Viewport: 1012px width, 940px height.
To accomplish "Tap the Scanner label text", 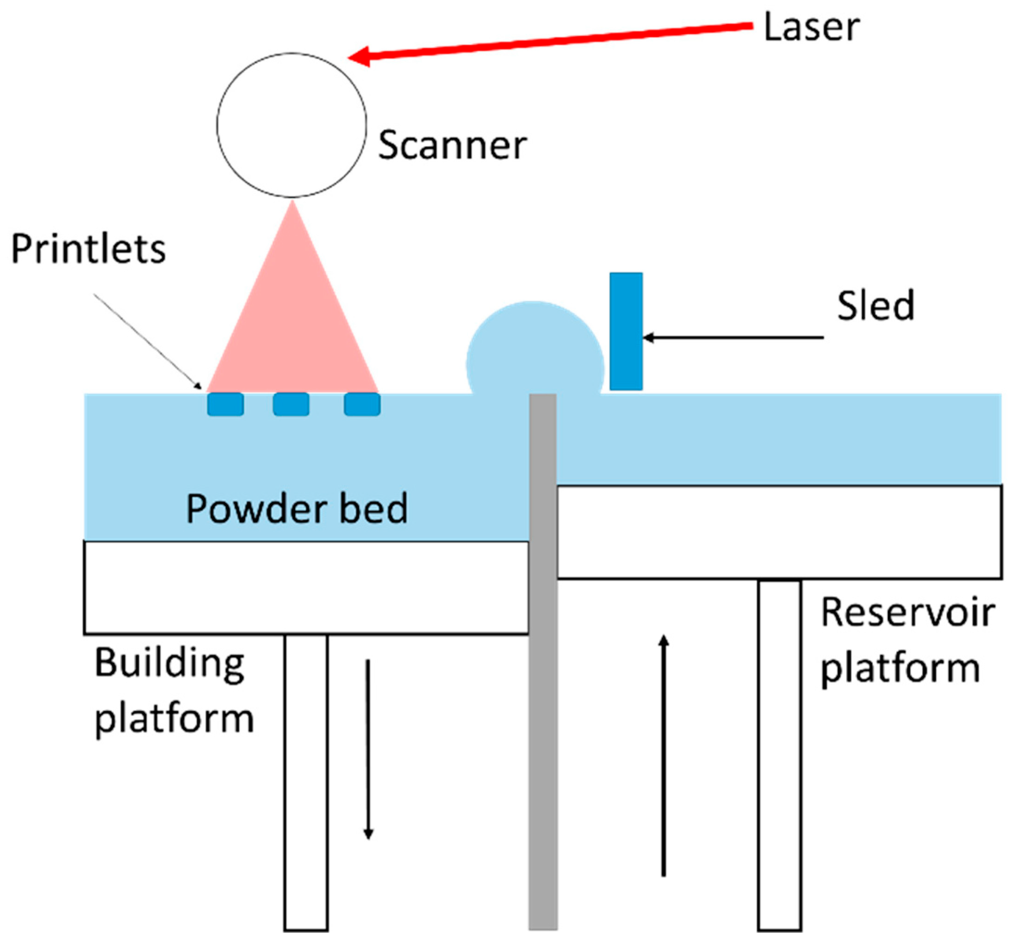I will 452,146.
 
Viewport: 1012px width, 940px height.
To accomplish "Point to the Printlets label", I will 89,249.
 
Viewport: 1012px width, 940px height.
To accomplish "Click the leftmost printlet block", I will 225,405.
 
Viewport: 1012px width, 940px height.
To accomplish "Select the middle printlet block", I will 291,405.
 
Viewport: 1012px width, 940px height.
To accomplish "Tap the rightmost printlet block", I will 362,405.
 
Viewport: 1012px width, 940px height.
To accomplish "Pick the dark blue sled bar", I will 625,331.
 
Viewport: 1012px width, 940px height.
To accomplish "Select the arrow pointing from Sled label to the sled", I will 732,337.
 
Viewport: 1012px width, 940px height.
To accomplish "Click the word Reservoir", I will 908,613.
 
